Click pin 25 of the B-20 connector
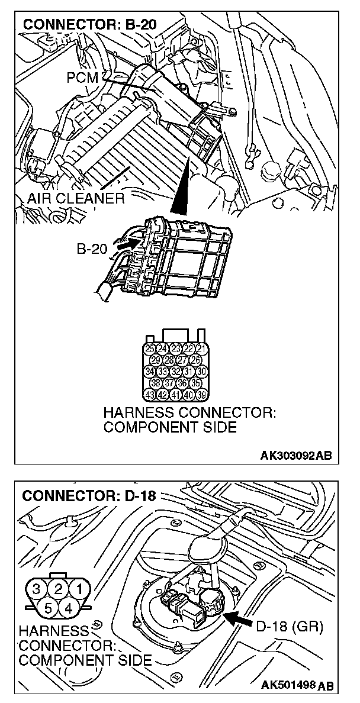pos(150,349)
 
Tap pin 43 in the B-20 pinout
pos(150,395)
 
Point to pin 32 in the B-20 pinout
pos(176,372)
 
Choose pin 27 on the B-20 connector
pos(183,360)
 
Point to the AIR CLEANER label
pos(75,198)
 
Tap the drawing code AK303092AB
pos(295,455)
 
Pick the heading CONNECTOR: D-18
pos(88,495)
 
